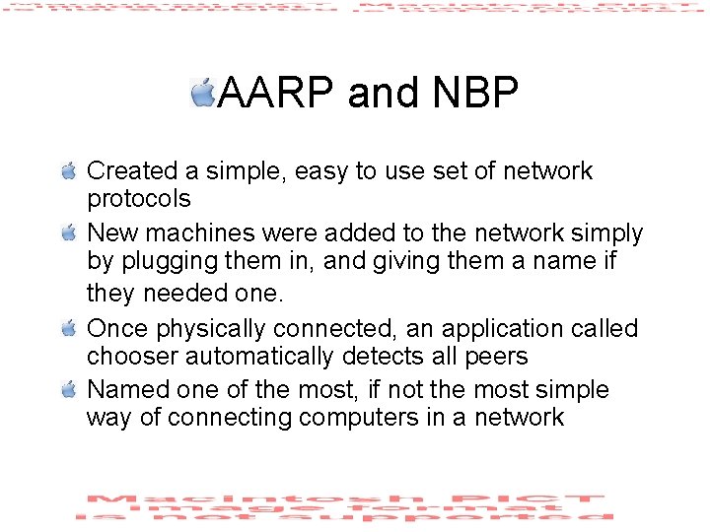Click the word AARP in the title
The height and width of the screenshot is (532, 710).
click(x=277, y=94)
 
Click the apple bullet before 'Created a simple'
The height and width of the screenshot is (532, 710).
click(x=68, y=171)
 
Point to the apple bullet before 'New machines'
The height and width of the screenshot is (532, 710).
click(x=68, y=233)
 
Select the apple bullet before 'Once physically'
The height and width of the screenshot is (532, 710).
click(x=68, y=328)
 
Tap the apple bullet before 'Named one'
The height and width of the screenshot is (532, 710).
click(x=68, y=390)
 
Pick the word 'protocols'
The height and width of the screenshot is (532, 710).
click(x=138, y=200)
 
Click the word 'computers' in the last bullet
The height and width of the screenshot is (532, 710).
click(x=358, y=419)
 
